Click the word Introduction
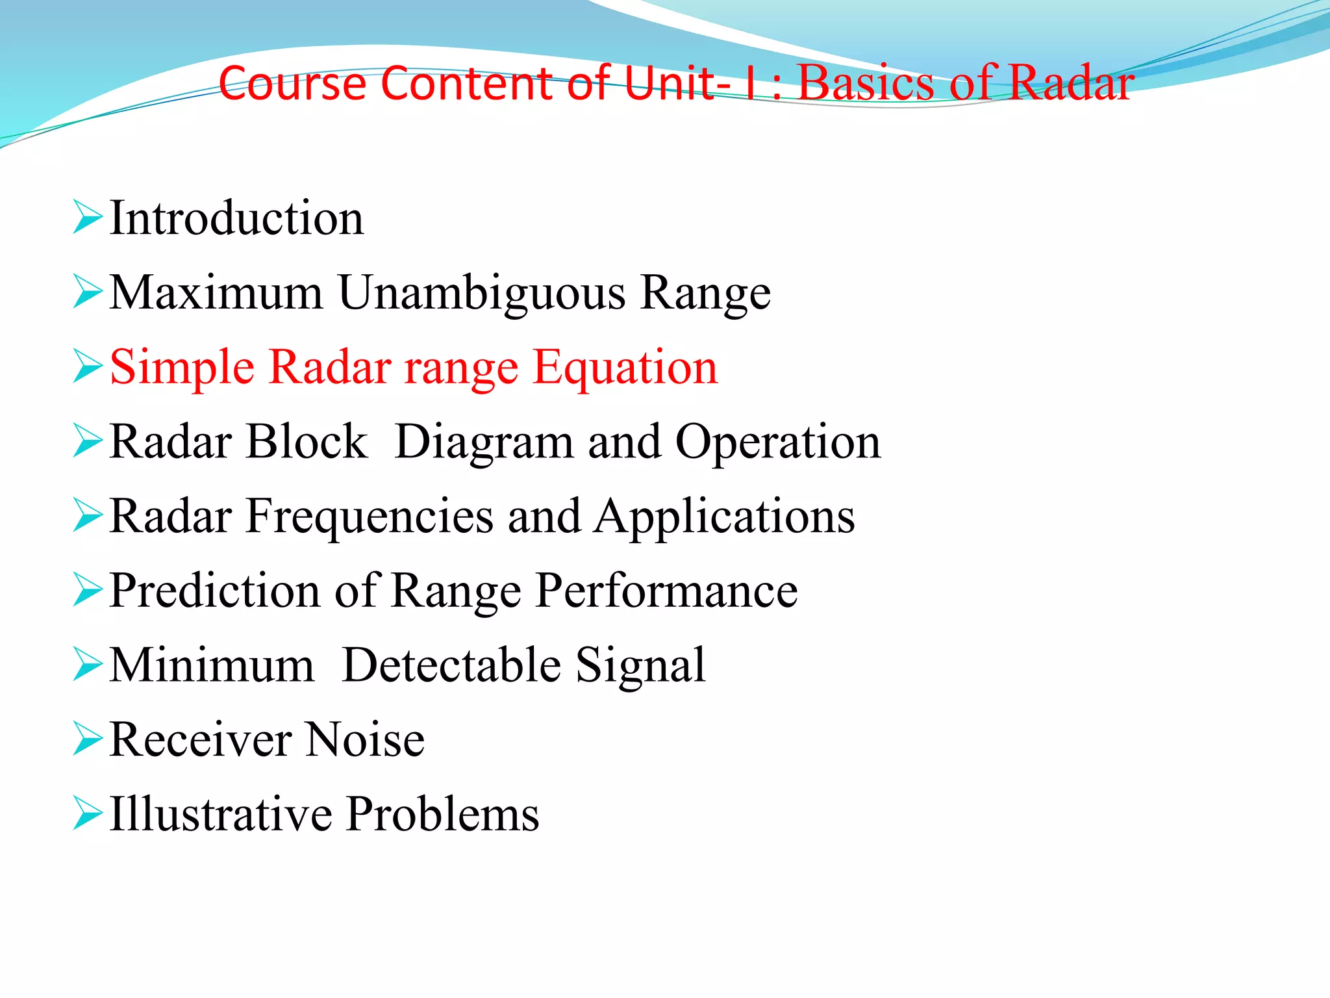coord(236,218)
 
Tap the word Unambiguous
coord(482,293)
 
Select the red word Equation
coord(625,368)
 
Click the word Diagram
coord(484,442)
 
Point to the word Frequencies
coord(370,517)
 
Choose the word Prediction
coord(214,591)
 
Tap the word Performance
coord(666,591)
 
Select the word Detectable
coord(451,665)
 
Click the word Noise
coord(365,740)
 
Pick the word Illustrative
coord(220,814)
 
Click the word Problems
coord(442,814)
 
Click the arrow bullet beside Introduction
coord(87,217)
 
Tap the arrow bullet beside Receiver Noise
coord(87,739)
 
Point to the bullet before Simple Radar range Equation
coord(87,366)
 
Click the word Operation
coord(778,442)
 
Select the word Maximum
coord(216,293)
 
